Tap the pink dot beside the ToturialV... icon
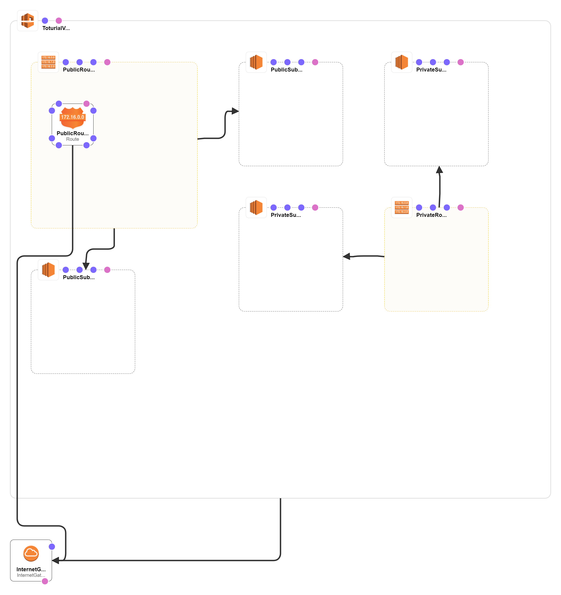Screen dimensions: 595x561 (59, 21)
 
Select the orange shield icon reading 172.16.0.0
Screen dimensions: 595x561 (73, 117)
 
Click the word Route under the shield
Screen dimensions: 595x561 (73, 139)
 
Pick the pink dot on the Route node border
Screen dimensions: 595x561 (86, 104)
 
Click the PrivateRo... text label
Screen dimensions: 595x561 (431, 215)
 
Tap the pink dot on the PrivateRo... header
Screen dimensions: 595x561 (460, 207)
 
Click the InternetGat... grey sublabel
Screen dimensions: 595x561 (31, 575)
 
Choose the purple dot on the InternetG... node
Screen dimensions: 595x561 (52, 547)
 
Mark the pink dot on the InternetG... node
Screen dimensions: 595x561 (45, 581)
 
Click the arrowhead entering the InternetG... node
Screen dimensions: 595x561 (55, 560)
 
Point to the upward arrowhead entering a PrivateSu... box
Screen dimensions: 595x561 (439, 170)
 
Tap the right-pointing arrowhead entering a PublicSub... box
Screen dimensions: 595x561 (235, 111)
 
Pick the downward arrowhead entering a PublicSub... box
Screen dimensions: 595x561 (86, 266)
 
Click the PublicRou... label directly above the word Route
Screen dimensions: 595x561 (73, 133)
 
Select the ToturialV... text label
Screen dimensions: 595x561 (56, 28)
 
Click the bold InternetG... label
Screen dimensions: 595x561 (31, 569)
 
